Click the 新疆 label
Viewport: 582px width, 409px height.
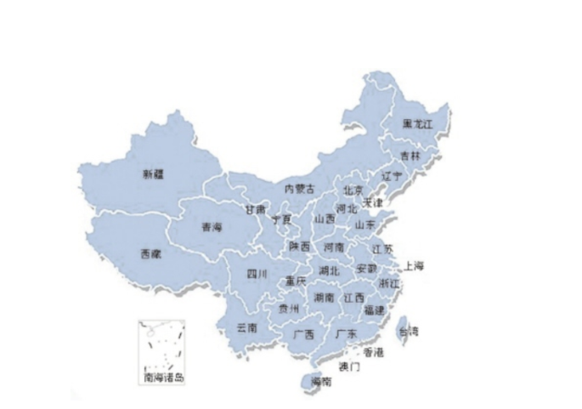[153, 172]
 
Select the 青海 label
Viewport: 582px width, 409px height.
[211, 226]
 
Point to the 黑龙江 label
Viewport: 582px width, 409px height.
[419, 123]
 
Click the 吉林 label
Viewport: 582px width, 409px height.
[410, 155]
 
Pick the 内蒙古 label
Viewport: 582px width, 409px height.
[299, 188]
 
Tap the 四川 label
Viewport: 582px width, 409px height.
[257, 274]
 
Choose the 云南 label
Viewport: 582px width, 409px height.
[247, 326]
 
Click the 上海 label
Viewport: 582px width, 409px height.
[414, 265]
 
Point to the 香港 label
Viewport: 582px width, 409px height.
[373, 351]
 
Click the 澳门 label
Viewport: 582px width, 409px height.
[349, 366]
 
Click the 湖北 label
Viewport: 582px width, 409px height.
[329, 270]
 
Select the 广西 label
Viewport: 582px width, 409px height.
[303, 334]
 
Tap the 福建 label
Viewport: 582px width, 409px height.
[374, 310]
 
